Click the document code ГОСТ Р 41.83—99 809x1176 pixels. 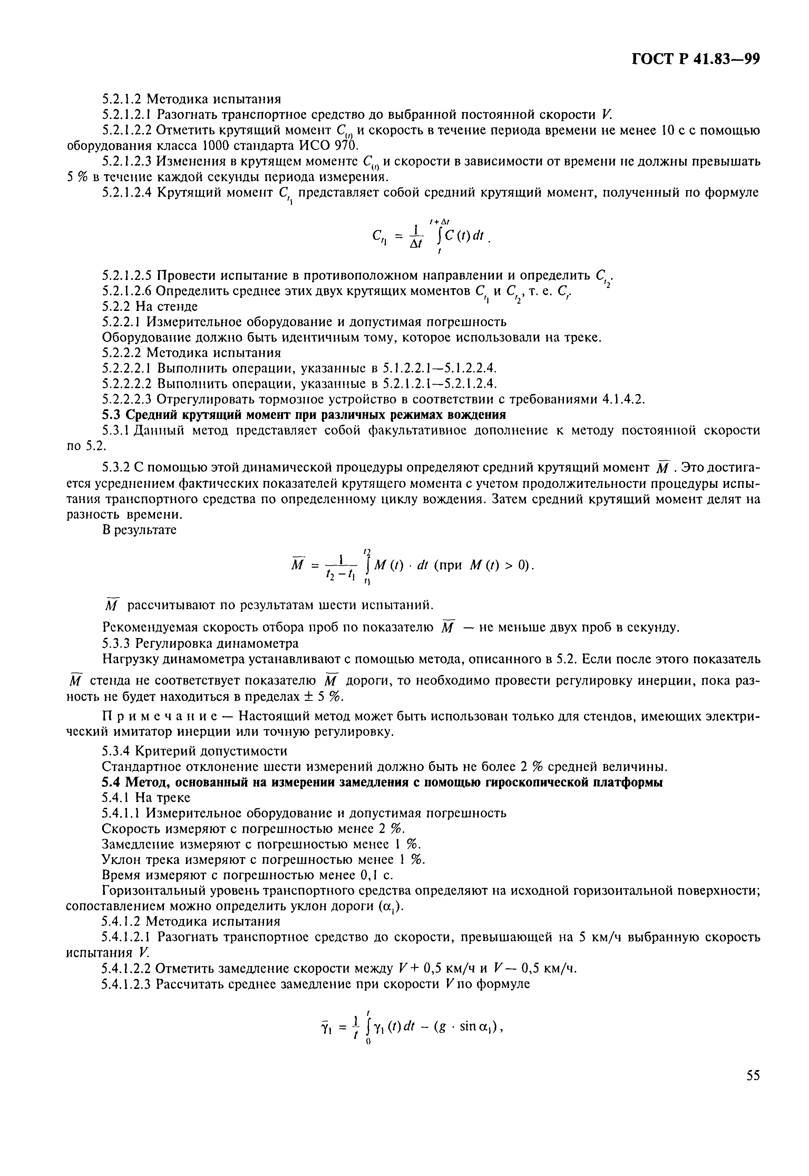696,59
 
